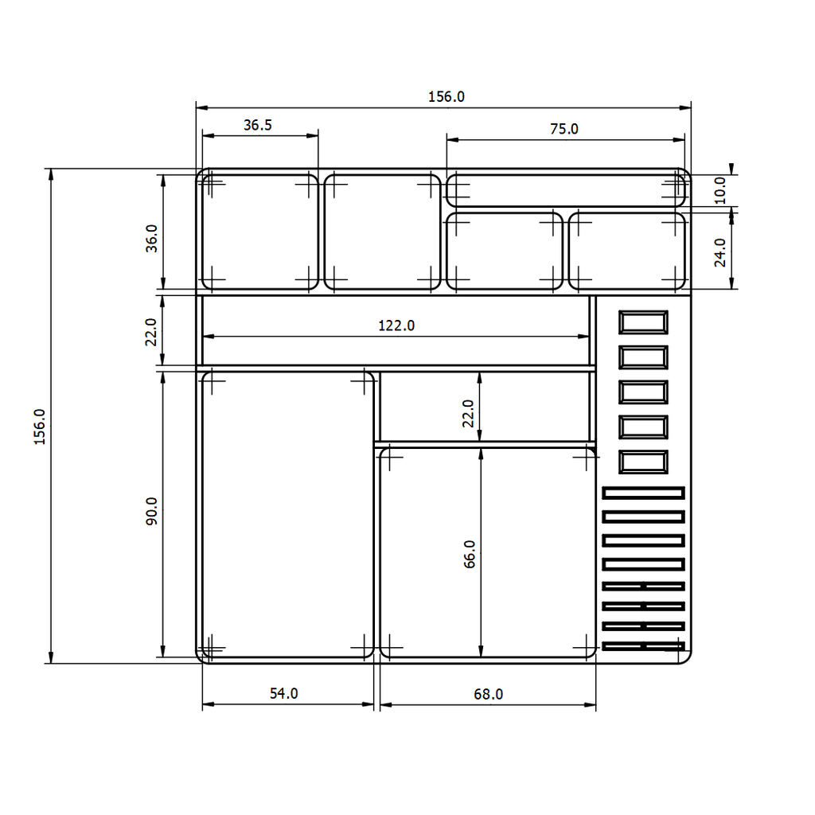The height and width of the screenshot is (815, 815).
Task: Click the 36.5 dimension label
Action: coord(258,125)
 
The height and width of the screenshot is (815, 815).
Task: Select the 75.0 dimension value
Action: coord(564,129)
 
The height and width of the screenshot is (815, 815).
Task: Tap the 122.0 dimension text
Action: coord(396,326)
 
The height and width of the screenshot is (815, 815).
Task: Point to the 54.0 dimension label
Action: coord(284,693)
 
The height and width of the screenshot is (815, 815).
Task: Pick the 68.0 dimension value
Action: coord(488,694)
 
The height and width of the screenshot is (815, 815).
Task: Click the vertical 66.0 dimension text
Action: coord(469,554)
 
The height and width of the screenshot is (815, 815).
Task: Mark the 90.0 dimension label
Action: coord(151,511)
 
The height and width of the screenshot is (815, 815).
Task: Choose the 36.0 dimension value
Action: coord(151,239)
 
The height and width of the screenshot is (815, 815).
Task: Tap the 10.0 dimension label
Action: coord(719,190)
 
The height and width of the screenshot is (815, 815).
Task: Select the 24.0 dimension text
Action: coord(719,252)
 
